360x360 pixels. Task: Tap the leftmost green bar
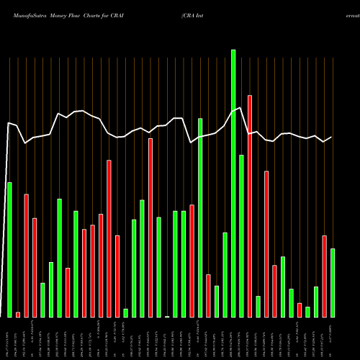(9, 249)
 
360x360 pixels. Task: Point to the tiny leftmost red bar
(18, 314)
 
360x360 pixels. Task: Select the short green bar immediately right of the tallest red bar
(258, 306)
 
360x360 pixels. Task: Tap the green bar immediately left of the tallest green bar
(225, 274)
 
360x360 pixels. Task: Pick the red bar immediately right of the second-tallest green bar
(208, 295)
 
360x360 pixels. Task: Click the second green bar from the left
(42, 300)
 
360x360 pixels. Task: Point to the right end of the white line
(332, 137)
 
